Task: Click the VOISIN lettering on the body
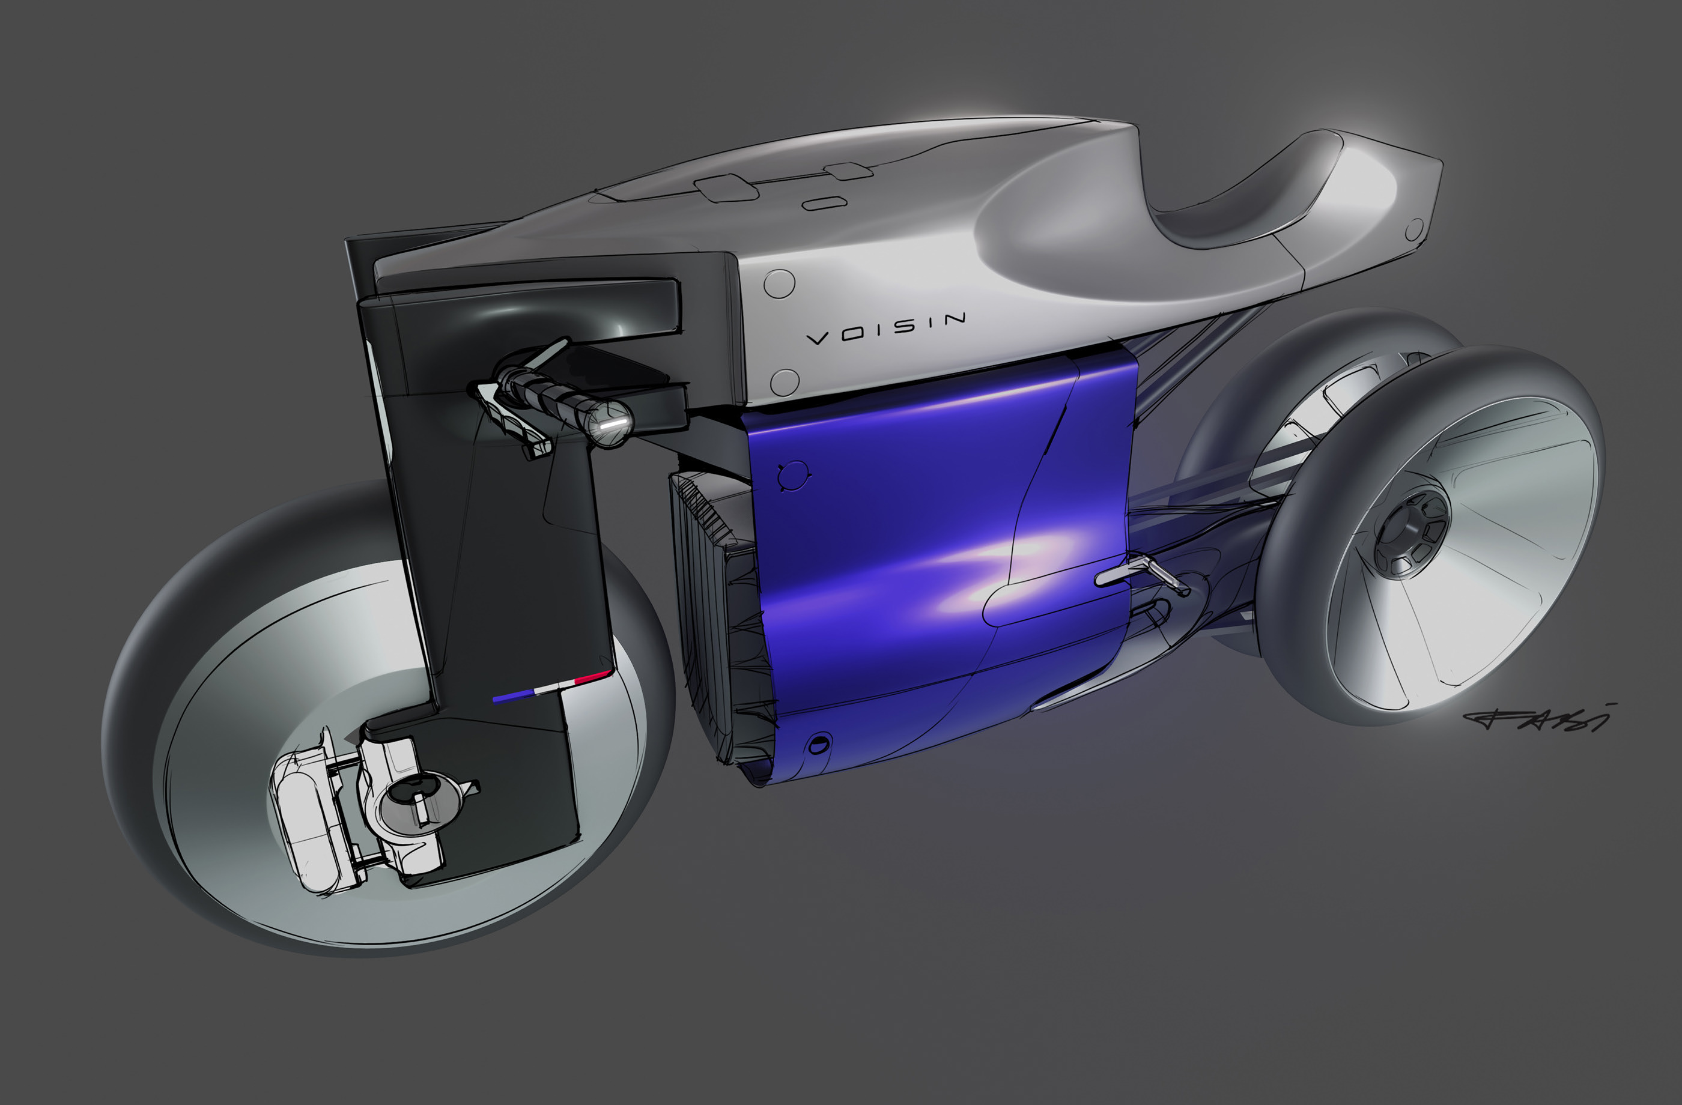click(x=886, y=328)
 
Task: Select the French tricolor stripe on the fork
click(x=551, y=688)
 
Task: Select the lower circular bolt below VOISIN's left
click(x=784, y=381)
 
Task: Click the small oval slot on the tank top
click(x=824, y=204)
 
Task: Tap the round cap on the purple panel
click(x=794, y=476)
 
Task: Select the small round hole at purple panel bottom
click(x=818, y=744)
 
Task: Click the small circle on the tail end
click(x=1414, y=229)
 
